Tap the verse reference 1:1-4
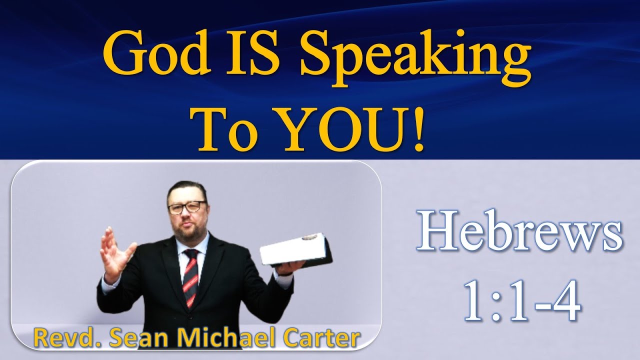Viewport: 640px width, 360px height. click(522, 300)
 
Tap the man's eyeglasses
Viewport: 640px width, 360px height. click(187, 207)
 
